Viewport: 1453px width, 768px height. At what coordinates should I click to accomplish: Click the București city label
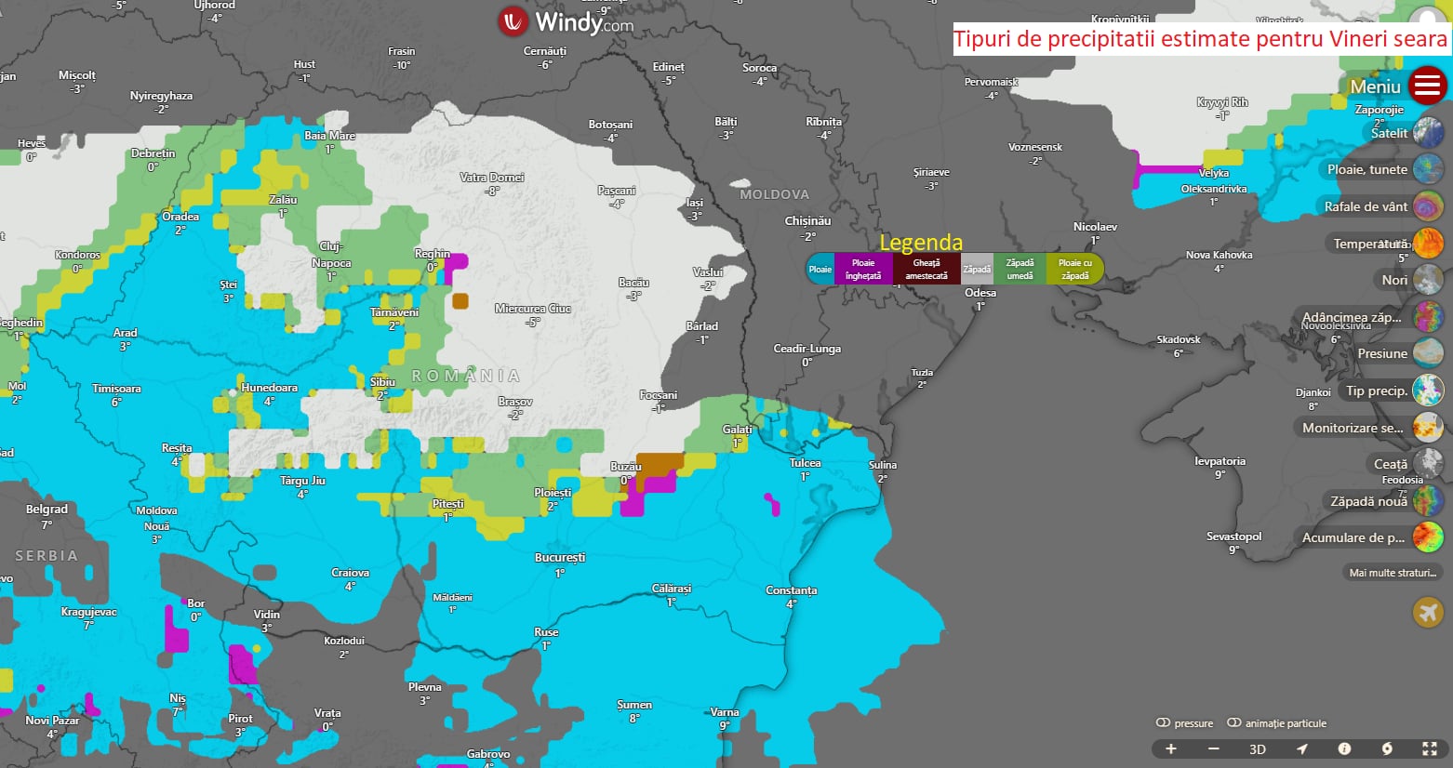point(560,558)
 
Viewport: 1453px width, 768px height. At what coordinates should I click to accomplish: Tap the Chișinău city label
point(807,221)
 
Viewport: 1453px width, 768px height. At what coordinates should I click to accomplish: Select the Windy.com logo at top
point(566,22)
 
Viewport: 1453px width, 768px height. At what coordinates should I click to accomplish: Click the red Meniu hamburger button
point(1427,86)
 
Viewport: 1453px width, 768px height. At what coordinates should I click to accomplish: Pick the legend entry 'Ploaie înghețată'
point(863,269)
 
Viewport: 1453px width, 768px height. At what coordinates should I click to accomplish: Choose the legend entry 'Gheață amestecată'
point(926,269)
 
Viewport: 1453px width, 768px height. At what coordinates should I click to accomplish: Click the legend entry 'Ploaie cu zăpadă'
point(1074,269)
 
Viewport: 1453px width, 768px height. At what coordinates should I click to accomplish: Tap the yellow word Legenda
point(920,243)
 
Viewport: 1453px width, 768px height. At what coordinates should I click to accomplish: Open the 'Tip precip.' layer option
point(1377,391)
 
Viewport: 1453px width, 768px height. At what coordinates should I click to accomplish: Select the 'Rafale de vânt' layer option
point(1366,206)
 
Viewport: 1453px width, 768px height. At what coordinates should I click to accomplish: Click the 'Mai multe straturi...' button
point(1393,573)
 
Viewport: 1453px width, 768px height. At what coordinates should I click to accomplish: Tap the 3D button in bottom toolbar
point(1257,749)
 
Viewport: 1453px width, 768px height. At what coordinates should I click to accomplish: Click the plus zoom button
point(1171,749)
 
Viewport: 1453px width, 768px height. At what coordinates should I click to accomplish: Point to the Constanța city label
point(791,590)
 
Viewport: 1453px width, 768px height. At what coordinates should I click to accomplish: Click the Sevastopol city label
point(1233,536)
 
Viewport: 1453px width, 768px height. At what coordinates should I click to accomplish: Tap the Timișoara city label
point(116,389)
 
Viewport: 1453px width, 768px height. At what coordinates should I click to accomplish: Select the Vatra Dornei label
point(491,178)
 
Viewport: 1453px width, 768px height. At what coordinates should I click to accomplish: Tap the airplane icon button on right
point(1427,612)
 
